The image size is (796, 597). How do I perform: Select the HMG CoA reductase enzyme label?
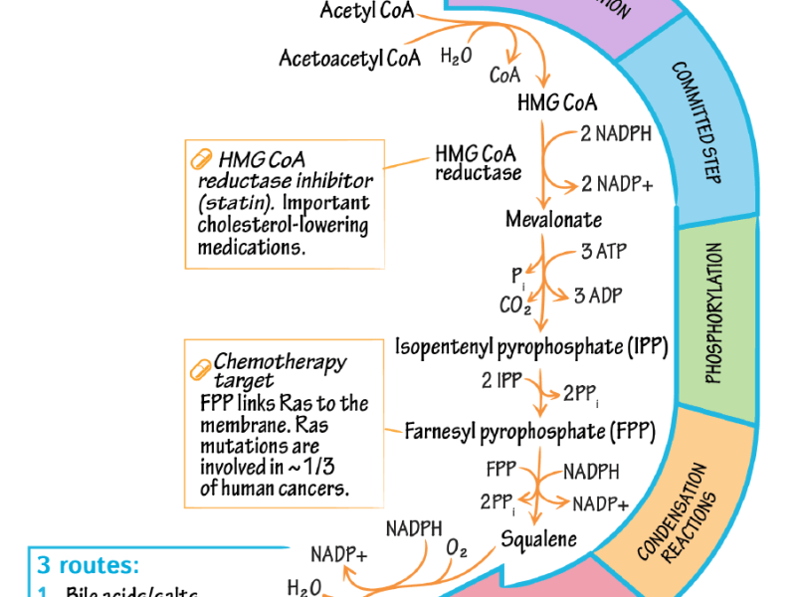479,163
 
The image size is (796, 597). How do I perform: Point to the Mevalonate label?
553,219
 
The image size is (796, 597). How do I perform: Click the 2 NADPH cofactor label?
617,133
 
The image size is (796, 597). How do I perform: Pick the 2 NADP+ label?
617,184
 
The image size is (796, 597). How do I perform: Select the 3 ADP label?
600,296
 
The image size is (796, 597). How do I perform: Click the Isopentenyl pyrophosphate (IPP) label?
531,347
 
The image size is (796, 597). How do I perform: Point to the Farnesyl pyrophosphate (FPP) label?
533,431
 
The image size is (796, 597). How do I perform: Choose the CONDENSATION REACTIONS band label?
687,512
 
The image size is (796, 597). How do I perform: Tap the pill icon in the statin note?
200,159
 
